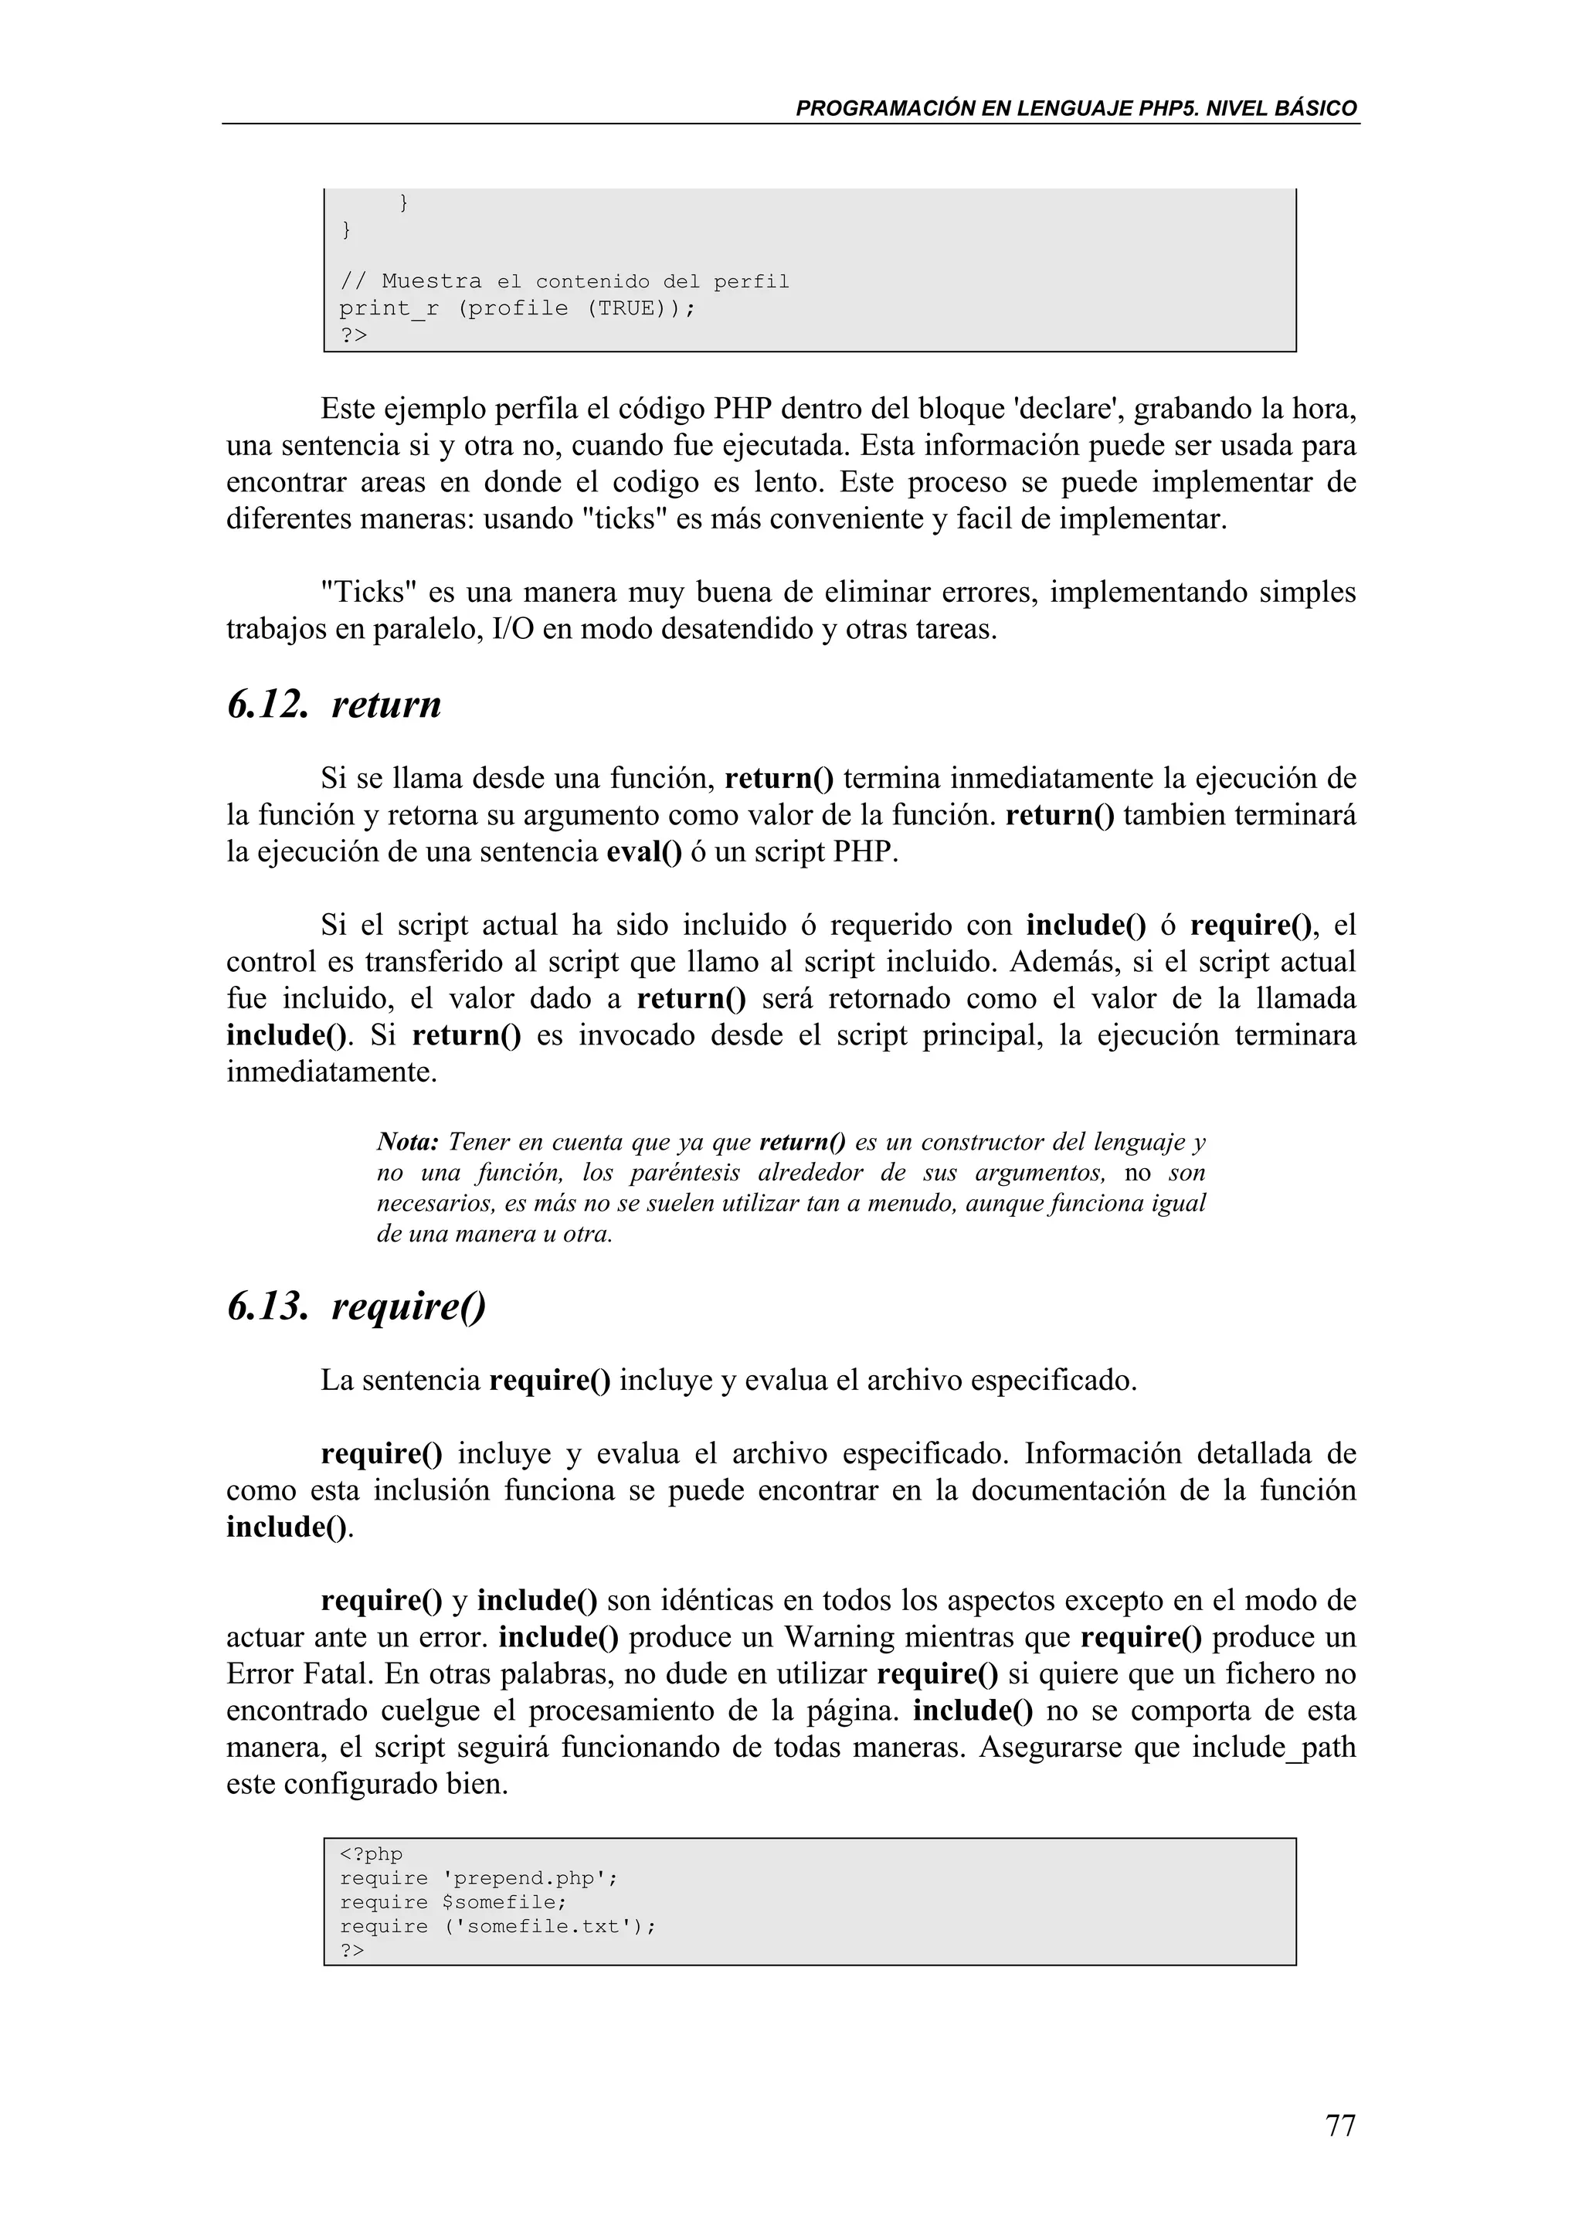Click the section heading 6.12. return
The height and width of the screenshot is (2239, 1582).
[x=334, y=704]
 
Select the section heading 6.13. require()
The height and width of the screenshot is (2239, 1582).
[x=356, y=1306]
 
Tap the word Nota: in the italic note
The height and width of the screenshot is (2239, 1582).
[x=409, y=1142]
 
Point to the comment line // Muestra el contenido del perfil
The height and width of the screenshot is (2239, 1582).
[x=563, y=282]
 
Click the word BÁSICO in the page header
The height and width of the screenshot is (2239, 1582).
[x=1316, y=108]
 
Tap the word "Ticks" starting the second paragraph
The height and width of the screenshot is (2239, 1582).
[x=368, y=593]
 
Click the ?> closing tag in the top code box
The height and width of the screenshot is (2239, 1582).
[x=353, y=335]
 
